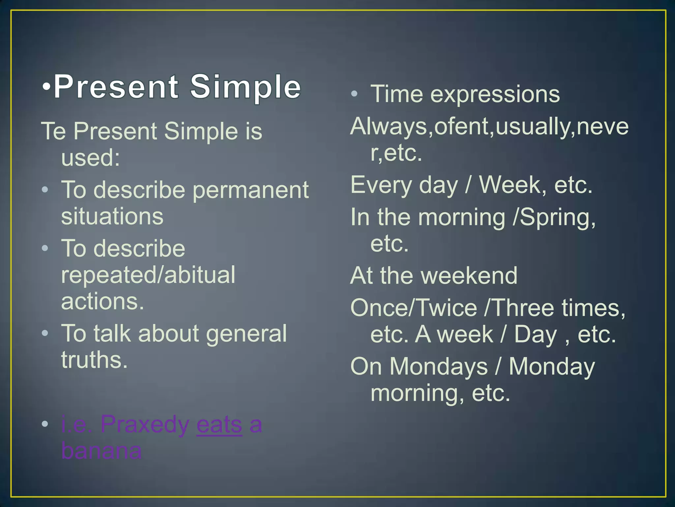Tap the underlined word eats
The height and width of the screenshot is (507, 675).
[219, 424]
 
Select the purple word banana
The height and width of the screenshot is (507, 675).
[102, 451]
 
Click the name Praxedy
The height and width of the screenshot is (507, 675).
[145, 424]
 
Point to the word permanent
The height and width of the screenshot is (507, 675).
[250, 191]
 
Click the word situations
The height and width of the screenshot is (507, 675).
[112, 217]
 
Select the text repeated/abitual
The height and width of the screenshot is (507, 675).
[148, 275]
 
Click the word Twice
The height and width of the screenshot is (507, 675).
[447, 308]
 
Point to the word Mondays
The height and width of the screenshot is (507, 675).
[438, 366]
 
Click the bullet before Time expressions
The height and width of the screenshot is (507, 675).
[354, 94]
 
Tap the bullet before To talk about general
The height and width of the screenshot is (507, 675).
[45, 333]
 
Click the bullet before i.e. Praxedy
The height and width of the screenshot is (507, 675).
[45, 424]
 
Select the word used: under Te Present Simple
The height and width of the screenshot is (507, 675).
[90, 158]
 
